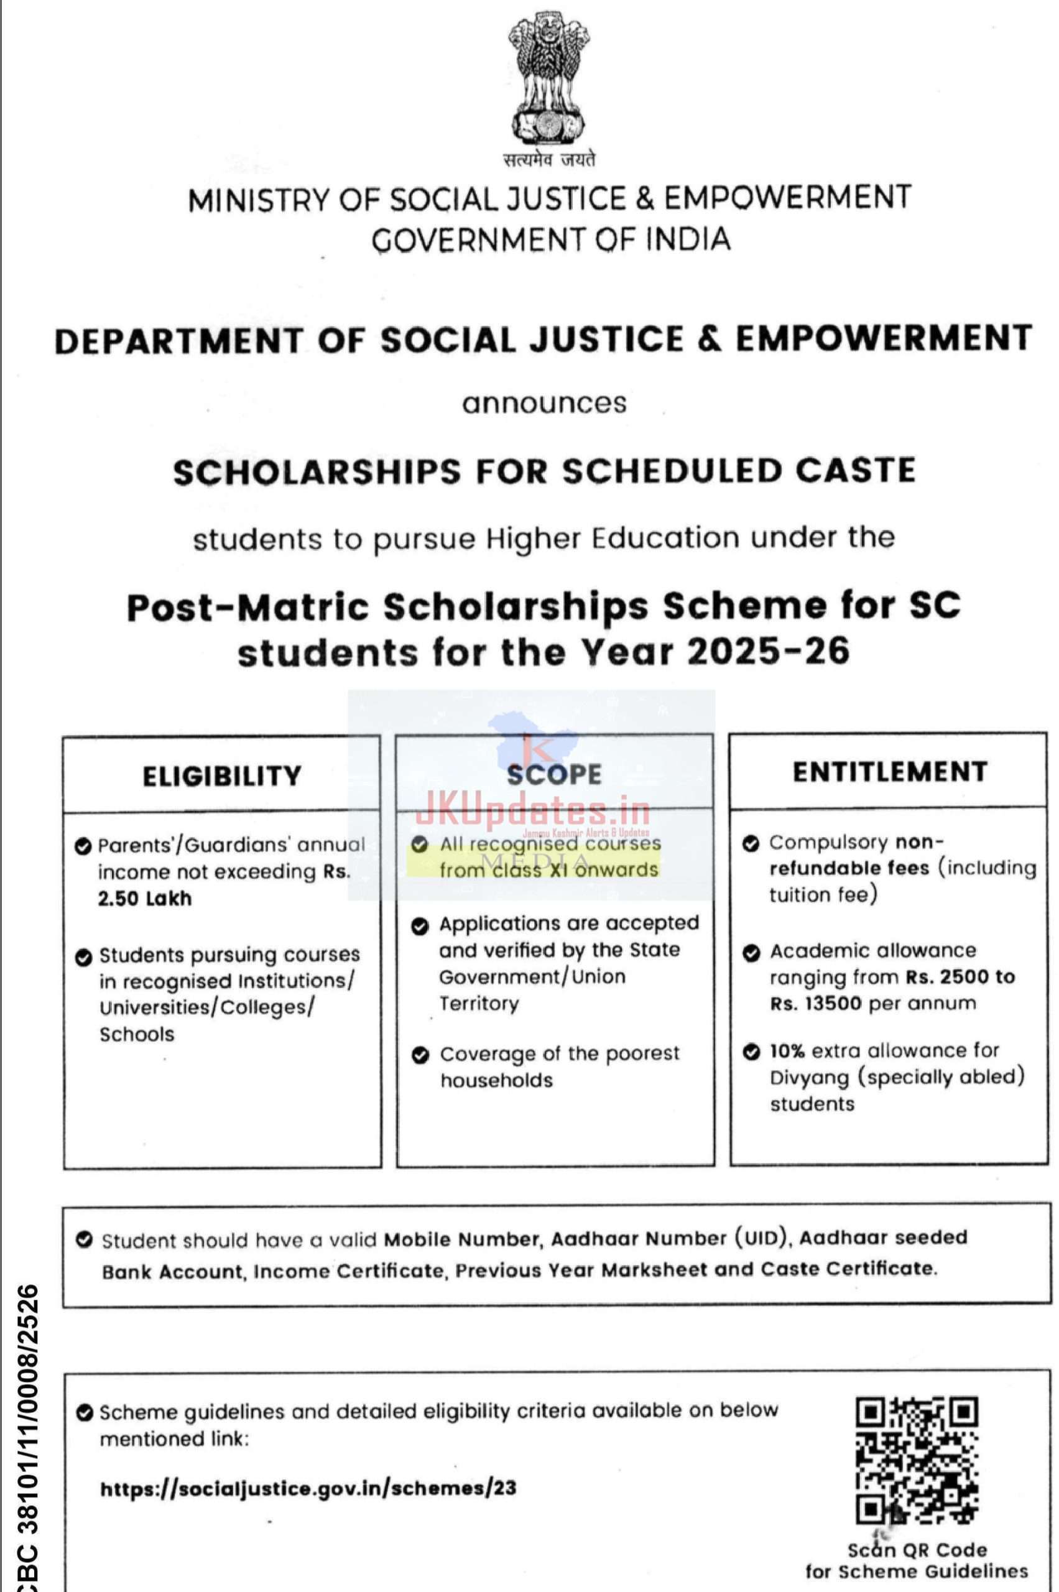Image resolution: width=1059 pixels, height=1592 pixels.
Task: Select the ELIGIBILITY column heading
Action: point(222,776)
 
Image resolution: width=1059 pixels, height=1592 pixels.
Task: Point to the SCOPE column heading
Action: point(555,775)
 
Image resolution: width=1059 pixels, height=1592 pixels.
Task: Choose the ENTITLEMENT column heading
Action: point(889,772)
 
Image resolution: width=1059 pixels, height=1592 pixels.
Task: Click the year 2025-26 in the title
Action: point(768,652)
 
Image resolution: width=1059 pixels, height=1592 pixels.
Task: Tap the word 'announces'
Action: point(543,403)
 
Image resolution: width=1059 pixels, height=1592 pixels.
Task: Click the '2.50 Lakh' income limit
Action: point(144,899)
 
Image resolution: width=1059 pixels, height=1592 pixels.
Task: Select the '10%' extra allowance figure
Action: point(787,1051)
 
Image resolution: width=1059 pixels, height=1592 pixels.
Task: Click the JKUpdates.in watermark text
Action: point(532,813)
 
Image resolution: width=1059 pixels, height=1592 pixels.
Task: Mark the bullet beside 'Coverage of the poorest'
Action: point(420,1055)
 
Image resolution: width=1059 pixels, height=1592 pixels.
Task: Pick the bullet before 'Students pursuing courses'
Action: point(83,957)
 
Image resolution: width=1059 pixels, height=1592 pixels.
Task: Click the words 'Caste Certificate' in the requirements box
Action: point(848,1269)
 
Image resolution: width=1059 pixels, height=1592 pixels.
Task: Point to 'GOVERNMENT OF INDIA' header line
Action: point(550,239)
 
